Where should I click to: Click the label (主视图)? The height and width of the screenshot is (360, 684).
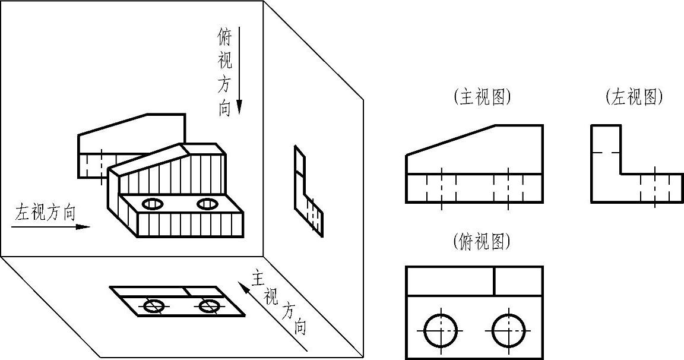(482, 97)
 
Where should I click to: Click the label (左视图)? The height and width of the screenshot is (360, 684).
(634, 97)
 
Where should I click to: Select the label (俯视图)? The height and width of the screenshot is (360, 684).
(482, 241)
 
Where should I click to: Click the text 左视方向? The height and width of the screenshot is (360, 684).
(46, 213)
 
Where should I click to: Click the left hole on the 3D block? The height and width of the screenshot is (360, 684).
(153, 204)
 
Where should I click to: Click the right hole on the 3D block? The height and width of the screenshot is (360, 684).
(207, 204)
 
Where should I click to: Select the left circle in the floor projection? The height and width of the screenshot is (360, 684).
(154, 306)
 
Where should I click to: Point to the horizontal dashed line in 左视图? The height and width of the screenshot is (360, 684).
(606, 153)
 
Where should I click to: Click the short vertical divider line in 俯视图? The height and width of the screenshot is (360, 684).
(494, 280)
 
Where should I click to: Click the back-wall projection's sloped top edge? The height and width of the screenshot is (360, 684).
(113, 124)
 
